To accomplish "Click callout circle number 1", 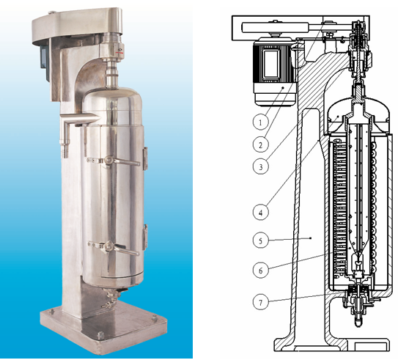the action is coord(261,122).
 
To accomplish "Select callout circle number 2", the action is coord(261,144).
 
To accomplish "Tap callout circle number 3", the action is coord(261,166).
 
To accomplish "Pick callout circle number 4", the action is coord(261,212).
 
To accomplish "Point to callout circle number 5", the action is coord(261,240).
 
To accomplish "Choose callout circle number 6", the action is coord(261,270).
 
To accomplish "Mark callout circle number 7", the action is coord(261,302).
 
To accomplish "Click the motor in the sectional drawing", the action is coord(275,72).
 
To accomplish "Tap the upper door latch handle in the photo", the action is coord(114,161).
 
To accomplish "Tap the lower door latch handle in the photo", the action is coord(114,247).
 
